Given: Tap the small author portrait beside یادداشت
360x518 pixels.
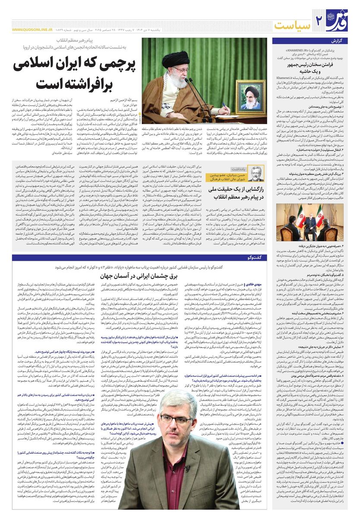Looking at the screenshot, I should (255, 173).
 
